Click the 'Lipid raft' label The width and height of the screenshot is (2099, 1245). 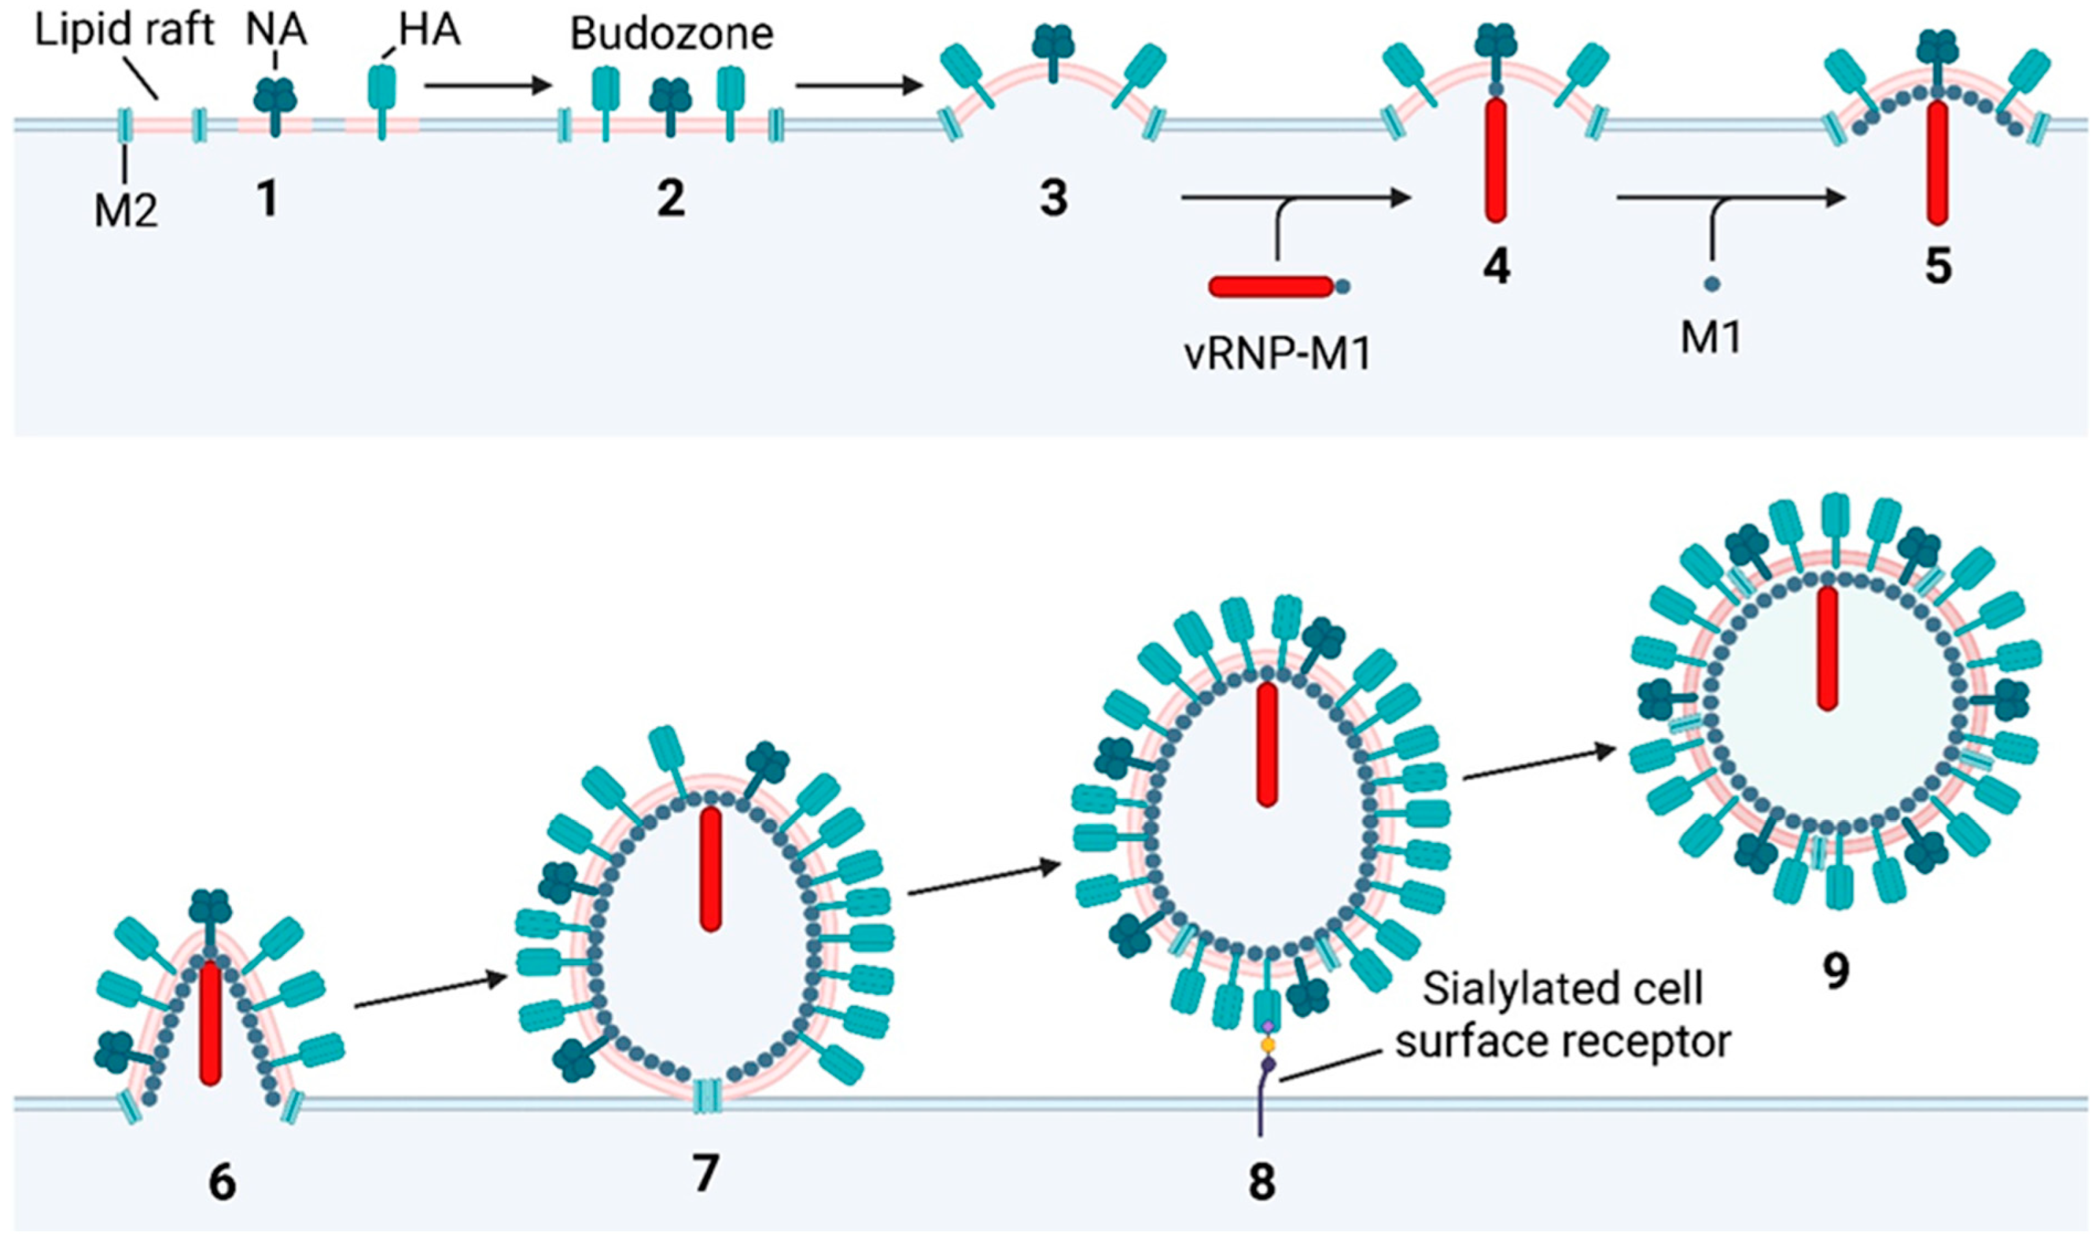point(125,31)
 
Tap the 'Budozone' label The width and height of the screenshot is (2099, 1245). point(671,34)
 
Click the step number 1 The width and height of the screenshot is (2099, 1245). point(268,199)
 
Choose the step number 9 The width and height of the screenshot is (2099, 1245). point(1836,972)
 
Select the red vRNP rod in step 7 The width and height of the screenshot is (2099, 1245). point(711,869)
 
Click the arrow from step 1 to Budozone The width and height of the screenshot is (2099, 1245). point(487,84)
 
